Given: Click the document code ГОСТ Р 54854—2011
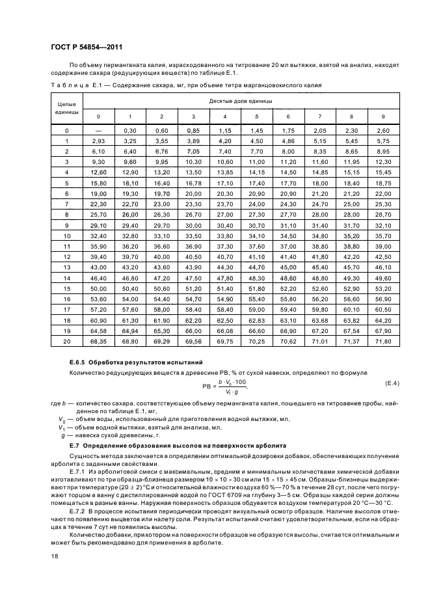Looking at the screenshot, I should [x=86, y=47].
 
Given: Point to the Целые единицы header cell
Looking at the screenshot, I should [x=67, y=108].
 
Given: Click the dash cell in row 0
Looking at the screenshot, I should [x=98, y=131].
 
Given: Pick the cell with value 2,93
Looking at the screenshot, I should [x=98, y=141].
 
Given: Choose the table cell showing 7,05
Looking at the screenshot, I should [x=193, y=151].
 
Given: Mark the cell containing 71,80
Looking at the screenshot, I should [x=384, y=342].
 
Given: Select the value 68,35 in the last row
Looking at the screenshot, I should [x=98, y=342].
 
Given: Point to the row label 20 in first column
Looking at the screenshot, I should [x=67, y=342].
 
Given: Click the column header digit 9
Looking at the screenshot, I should [x=384, y=116].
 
